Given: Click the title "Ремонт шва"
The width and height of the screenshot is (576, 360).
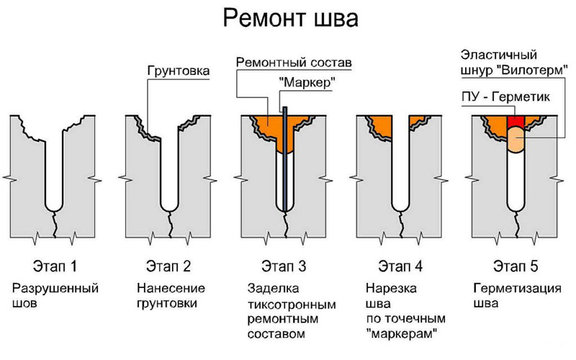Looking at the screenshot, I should tap(287, 17).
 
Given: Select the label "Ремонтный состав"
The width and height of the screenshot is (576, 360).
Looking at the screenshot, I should tap(294, 63).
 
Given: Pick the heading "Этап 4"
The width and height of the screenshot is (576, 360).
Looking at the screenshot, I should tap(400, 268).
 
